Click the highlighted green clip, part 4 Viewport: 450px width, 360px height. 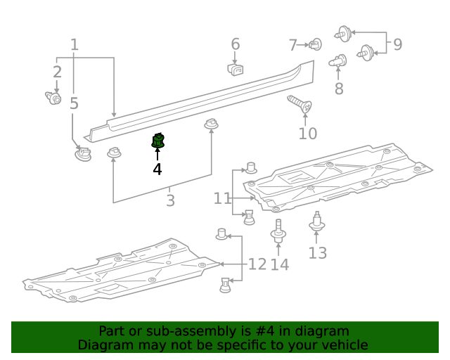point(157,141)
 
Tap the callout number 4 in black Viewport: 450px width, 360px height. point(157,169)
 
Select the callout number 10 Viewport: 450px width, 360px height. point(308,134)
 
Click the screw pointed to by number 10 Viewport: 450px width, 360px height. point(300,103)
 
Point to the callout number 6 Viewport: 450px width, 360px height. point(236,44)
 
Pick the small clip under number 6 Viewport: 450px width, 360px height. point(236,70)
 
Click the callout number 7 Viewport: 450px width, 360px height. point(292,45)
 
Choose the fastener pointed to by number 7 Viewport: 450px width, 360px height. point(316,44)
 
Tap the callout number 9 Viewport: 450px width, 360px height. point(397,44)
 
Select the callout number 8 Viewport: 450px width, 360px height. point(339,89)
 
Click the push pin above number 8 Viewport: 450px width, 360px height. point(337,60)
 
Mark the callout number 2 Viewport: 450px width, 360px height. point(57,72)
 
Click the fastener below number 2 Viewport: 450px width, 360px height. point(53,98)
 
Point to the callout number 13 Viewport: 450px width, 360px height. point(317,253)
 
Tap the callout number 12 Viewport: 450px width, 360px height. point(257,264)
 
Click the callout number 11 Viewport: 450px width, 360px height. point(222,198)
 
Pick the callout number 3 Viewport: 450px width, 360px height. point(170,200)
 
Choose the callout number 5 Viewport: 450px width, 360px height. point(74,103)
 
